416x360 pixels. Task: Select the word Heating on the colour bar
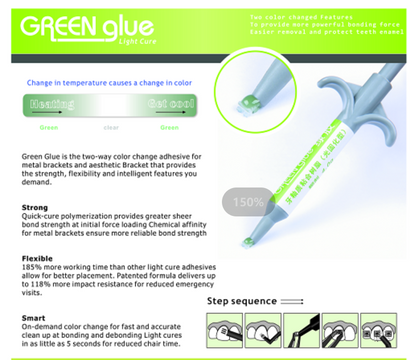click(51, 104)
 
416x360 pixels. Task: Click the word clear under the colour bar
click(111, 127)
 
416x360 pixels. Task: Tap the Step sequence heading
click(240, 299)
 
